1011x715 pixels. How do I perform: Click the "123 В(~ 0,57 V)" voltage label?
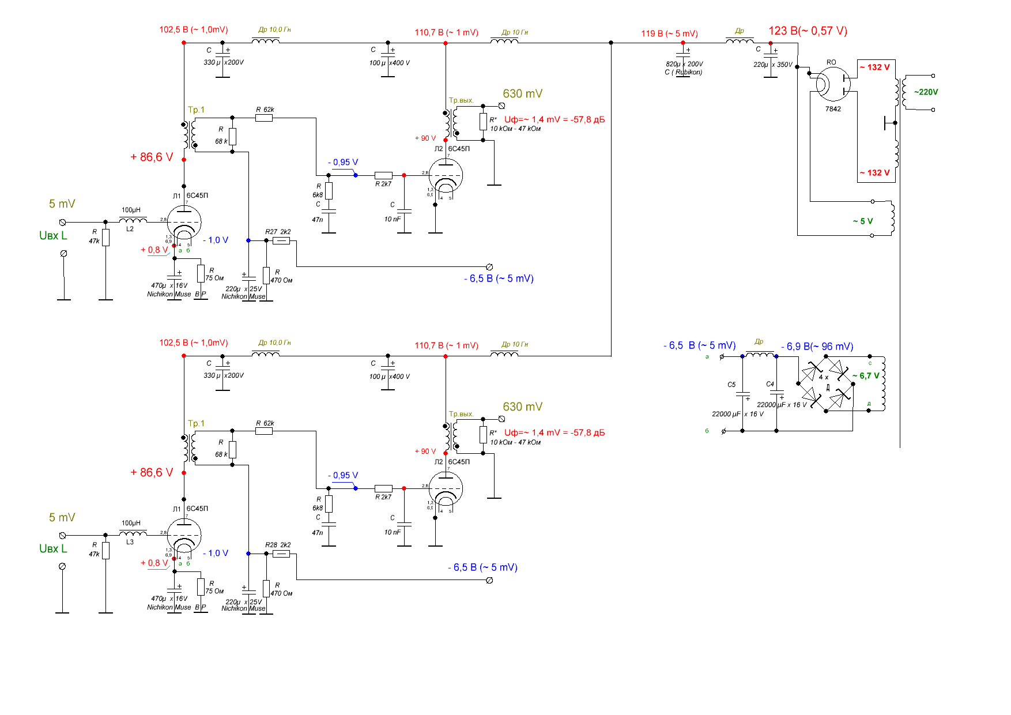coord(808,31)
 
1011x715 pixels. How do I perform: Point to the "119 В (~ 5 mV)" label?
coord(669,33)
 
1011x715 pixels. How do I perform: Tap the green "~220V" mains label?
coord(926,92)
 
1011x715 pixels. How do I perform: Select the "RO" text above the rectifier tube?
coord(831,62)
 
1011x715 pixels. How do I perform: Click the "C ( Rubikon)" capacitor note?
coord(683,72)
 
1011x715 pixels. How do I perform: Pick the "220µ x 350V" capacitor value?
coord(772,65)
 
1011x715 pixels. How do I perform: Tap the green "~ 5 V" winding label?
coord(862,221)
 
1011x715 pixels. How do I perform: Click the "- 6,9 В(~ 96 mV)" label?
coord(817,347)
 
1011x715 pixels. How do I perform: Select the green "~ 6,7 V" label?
coord(866,375)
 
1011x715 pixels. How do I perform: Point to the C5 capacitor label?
coord(731,385)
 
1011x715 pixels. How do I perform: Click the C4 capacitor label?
coord(770,384)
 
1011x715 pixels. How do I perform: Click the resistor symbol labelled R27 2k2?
coord(281,240)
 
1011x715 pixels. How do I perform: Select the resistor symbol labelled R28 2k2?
coord(281,554)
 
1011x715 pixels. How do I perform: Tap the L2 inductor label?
coord(130,229)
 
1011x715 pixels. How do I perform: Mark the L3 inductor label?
coord(130,542)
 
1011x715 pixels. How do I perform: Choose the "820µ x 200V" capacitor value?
coord(684,64)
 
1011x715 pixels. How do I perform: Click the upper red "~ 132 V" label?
coord(874,67)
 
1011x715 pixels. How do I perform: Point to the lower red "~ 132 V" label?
coord(874,173)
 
